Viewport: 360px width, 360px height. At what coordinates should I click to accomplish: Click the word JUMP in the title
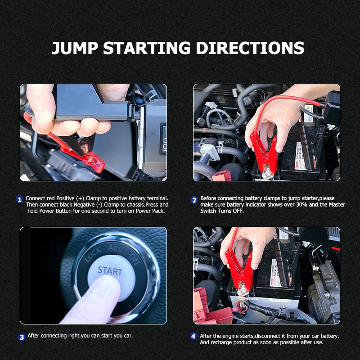74,48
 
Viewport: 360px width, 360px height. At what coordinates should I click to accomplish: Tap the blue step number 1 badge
19,199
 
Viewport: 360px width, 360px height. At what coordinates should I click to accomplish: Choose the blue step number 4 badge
193,336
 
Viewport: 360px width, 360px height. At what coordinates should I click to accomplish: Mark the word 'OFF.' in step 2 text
237,211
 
